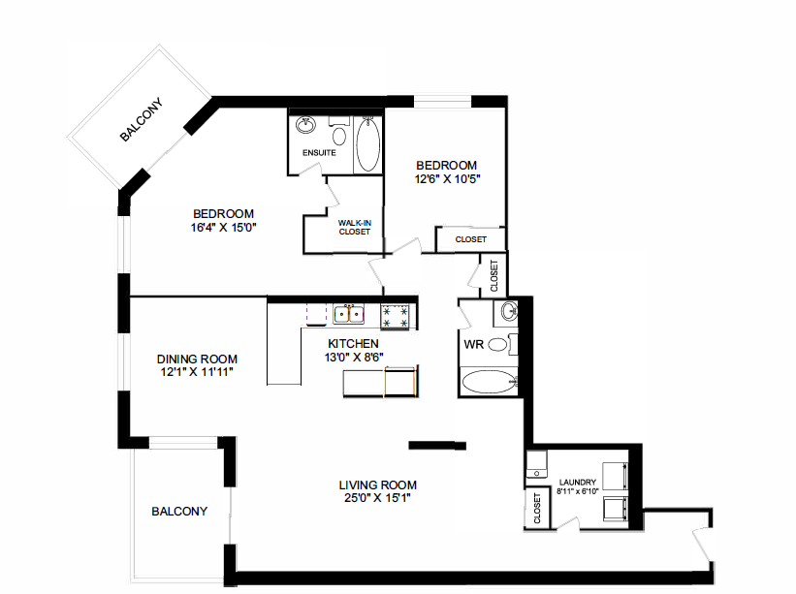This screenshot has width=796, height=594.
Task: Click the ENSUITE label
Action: (319, 153)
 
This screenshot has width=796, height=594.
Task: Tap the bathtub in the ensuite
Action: (368, 146)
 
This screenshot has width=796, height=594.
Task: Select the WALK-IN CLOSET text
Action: (355, 228)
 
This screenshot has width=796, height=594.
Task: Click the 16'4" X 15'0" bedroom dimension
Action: (224, 228)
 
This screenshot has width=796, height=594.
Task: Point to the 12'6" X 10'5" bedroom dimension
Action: (447, 178)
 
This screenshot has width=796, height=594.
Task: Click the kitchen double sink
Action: (348, 313)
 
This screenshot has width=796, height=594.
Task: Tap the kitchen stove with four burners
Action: (397, 315)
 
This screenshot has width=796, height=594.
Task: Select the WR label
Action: (474, 345)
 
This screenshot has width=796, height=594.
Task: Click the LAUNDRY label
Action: (578, 482)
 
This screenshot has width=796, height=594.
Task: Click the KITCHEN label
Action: (353, 344)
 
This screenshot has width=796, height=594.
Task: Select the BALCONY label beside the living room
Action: (179, 512)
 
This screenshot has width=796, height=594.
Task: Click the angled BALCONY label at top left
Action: (141, 121)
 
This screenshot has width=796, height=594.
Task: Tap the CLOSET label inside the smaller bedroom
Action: (471, 239)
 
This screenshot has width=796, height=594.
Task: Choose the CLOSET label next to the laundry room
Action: (537, 510)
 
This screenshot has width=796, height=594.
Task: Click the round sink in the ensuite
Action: (306, 125)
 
